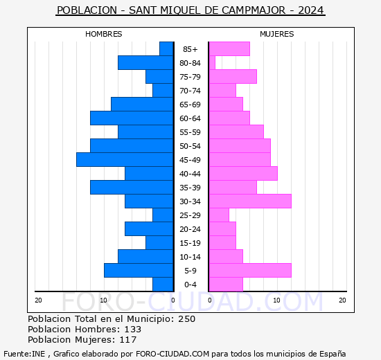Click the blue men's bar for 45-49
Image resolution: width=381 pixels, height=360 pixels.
pyautogui.click(x=125, y=160)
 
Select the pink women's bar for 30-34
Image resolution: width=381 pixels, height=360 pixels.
pyautogui.click(x=250, y=201)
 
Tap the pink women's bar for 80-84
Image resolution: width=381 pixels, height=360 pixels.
pyautogui.click(x=212, y=63)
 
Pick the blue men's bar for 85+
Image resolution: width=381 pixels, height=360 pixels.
pyautogui.click(x=166, y=49)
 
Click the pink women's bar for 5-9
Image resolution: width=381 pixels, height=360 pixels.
pyautogui.click(x=250, y=271)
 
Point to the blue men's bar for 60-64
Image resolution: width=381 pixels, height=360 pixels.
pyautogui.click(x=132, y=118)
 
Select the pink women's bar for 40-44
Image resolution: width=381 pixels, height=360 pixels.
pyautogui.click(x=243, y=174)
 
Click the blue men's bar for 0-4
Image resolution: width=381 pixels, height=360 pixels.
pyautogui.click(x=163, y=285)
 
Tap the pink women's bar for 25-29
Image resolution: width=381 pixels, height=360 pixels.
pyautogui.click(x=219, y=215)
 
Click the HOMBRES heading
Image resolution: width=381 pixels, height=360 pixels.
pyautogui.click(x=103, y=34)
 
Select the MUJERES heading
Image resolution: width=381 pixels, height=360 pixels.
pyautogui.click(x=277, y=34)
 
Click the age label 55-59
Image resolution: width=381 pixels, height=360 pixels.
pyautogui.click(x=190, y=132)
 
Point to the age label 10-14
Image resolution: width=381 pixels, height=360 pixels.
pyautogui.click(x=190, y=257)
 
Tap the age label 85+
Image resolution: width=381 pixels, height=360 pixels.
pyautogui.click(x=190, y=49)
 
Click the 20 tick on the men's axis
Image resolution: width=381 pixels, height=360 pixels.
pyautogui.click(x=38, y=300)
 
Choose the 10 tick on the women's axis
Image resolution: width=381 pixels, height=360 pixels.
pyautogui.click(x=277, y=300)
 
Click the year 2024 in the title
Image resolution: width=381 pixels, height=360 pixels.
pyautogui.click(x=311, y=10)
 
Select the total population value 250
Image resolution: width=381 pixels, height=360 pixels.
pyautogui.click(x=186, y=318)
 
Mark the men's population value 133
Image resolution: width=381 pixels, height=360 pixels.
pyautogui.click(x=133, y=329)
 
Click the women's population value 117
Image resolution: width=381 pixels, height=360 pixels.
pyautogui.click(x=128, y=340)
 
